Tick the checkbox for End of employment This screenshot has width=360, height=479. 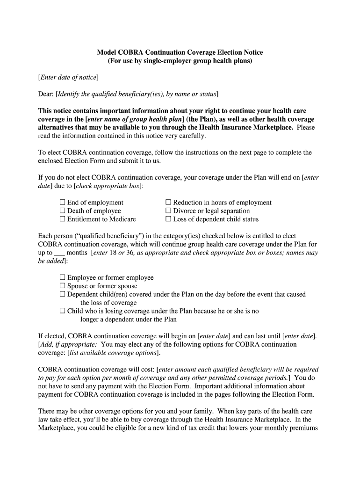(63, 203)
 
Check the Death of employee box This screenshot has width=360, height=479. (63, 211)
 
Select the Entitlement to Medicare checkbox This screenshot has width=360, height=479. (63, 219)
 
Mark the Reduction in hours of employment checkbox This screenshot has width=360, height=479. (169, 203)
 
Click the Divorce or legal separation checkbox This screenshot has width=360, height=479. (169, 211)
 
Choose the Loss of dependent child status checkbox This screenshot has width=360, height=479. (169, 219)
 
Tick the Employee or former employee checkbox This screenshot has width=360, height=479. (63, 278)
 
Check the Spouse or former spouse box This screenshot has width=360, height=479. (63, 286)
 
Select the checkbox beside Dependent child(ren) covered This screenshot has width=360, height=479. (63, 295)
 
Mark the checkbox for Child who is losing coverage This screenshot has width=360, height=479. (63, 311)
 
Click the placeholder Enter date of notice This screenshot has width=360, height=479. (68, 78)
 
